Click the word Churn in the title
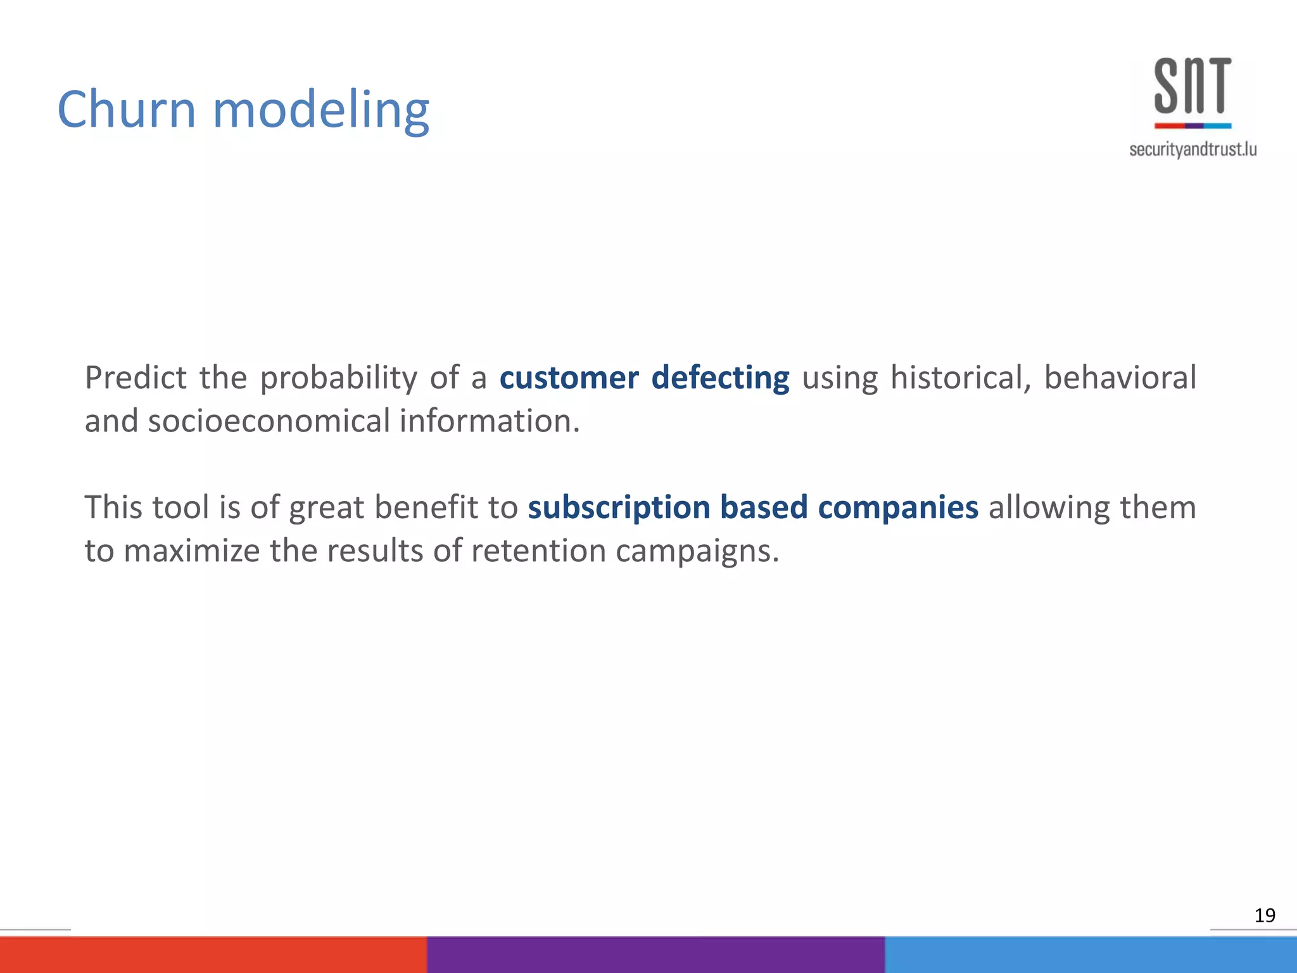(126, 109)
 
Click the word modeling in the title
(321, 111)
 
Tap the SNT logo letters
(1193, 86)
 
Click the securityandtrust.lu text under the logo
(1193, 149)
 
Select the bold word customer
(569, 378)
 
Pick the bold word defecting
(720, 378)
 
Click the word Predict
(136, 378)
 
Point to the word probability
(339, 379)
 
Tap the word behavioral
(1120, 378)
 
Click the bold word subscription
(619, 508)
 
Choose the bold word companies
(897, 508)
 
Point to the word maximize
(191, 550)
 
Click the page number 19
(1264, 915)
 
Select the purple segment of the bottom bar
(655, 955)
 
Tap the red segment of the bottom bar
(213, 955)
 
